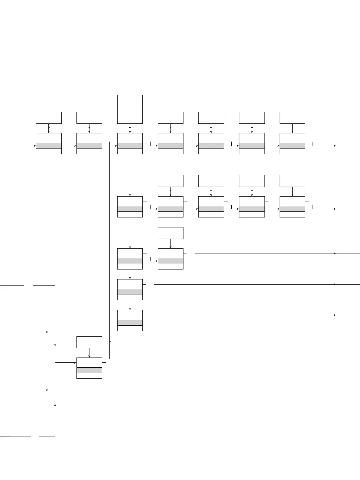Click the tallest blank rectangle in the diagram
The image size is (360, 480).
[x=130, y=109]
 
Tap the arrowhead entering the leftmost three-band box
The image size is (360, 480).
[x=35, y=146]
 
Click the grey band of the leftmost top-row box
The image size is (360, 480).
[x=49, y=146]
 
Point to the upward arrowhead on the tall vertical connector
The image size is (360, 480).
[x=110, y=341]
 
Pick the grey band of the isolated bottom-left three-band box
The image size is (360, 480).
[x=89, y=370]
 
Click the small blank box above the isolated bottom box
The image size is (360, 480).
[x=89, y=342]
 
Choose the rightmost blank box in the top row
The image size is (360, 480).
[x=292, y=118]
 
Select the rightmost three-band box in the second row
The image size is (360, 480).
[x=292, y=207]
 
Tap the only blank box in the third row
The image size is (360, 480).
[x=170, y=233]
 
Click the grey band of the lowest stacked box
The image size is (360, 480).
[x=130, y=322]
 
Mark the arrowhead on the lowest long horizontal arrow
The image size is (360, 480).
[x=335, y=315]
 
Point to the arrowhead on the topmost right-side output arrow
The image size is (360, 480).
[x=335, y=146]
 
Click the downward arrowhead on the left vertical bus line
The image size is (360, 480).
[x=55, y=345]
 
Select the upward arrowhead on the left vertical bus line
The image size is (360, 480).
[x=55, y=404]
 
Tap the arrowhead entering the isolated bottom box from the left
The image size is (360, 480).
[x=75, y=362]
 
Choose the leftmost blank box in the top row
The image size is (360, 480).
[x=49, y=118]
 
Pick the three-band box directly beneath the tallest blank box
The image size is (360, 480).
[x=130, y=144]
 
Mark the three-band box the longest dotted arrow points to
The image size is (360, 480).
[x=130, y=207]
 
